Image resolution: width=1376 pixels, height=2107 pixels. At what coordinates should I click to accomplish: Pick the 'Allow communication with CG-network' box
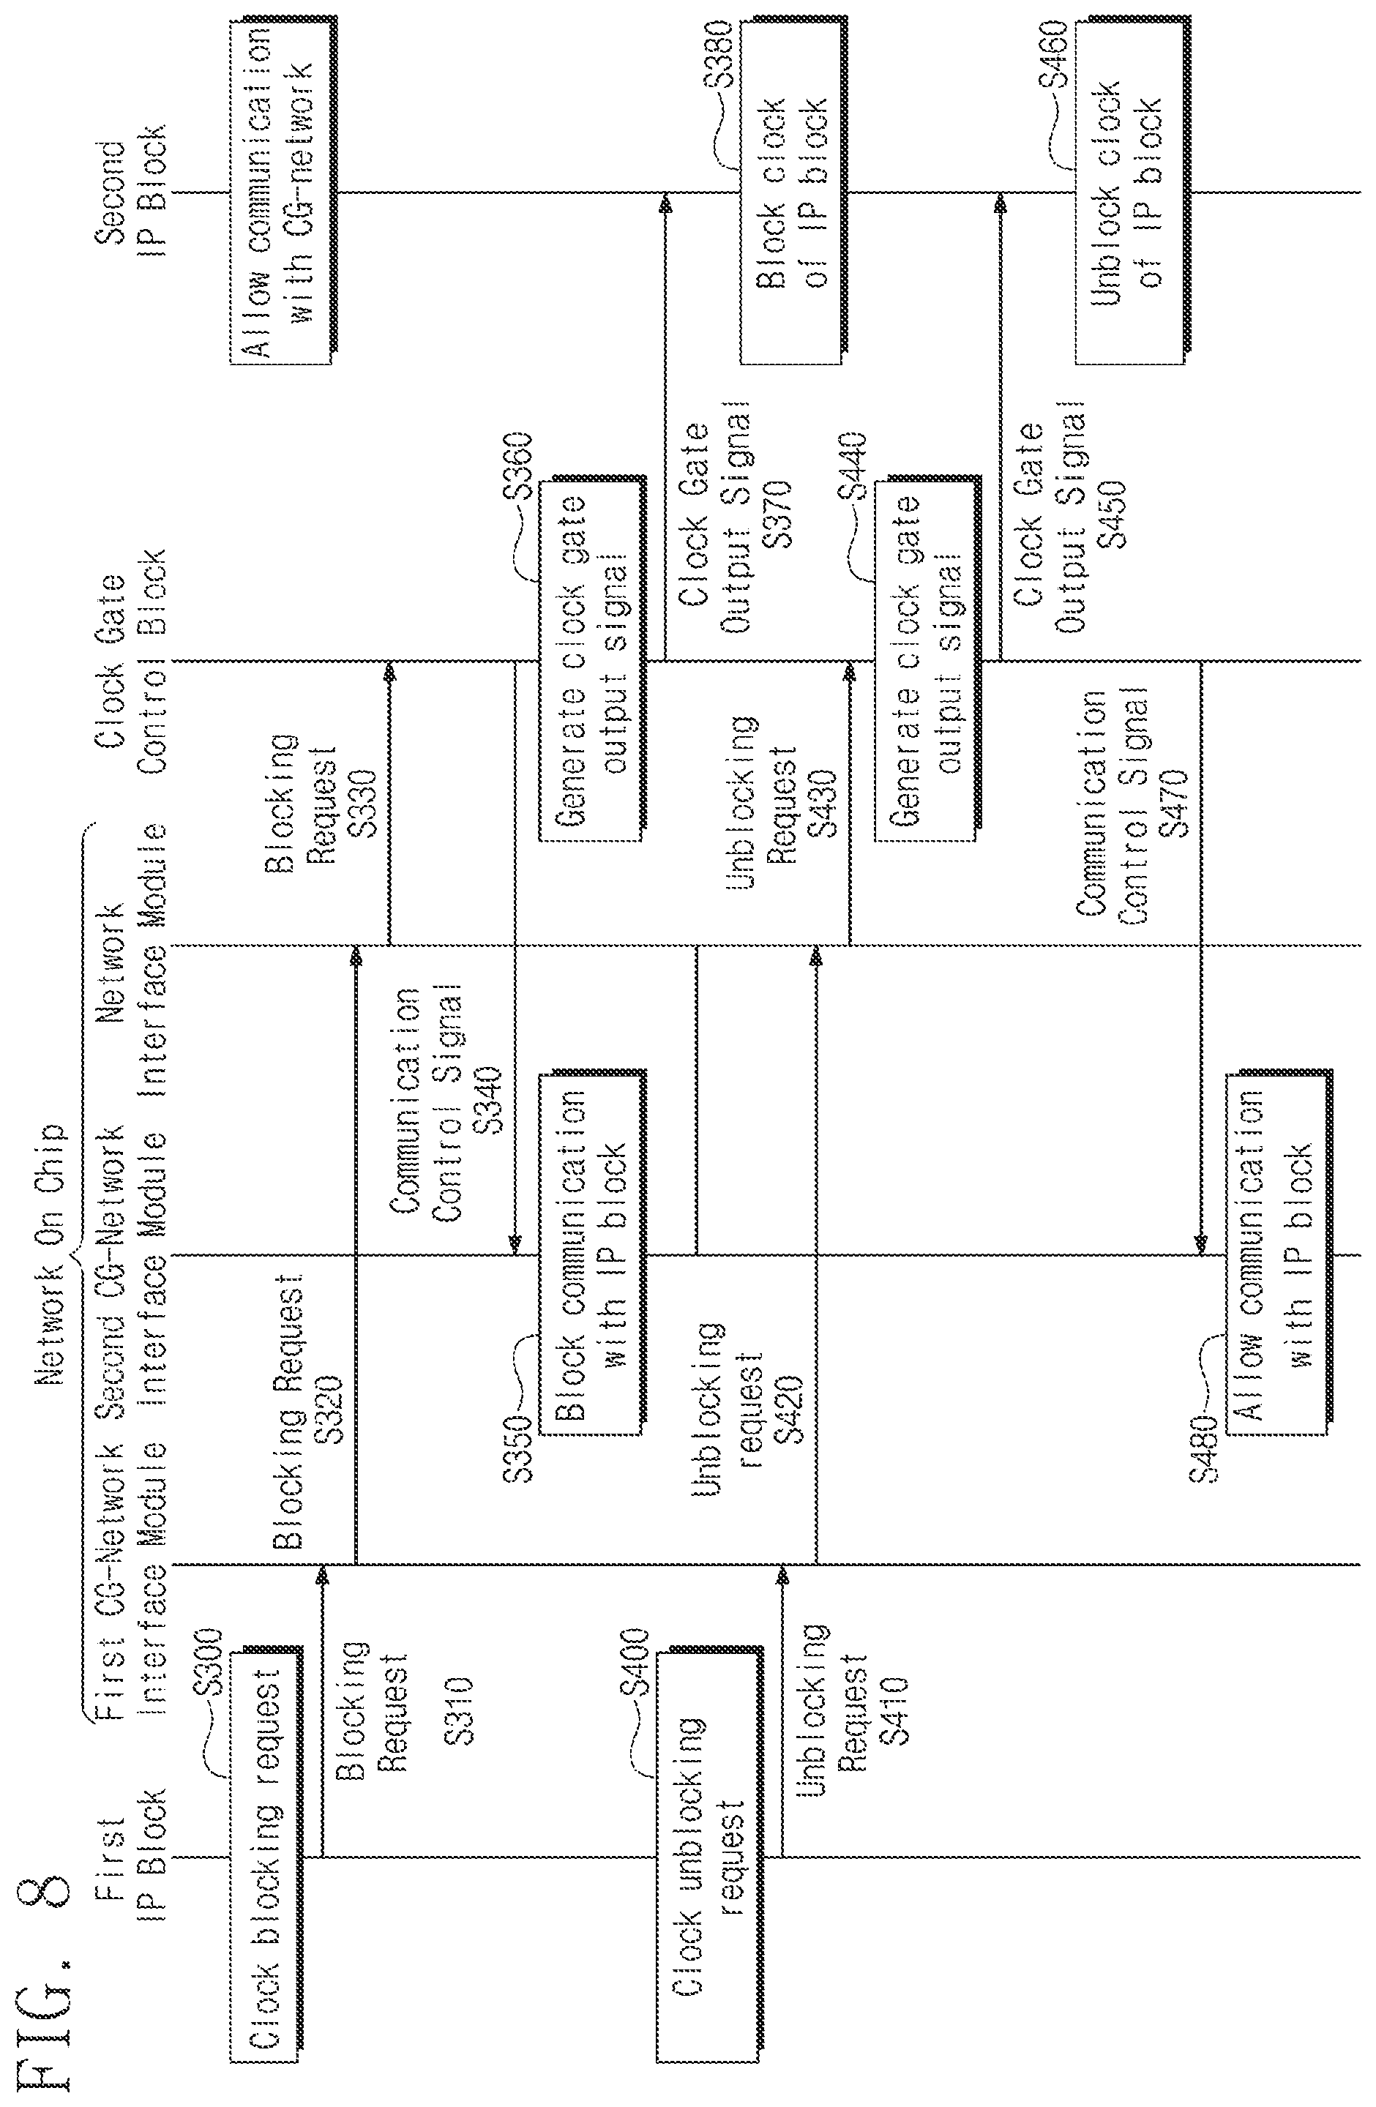click(x=283, y=191)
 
